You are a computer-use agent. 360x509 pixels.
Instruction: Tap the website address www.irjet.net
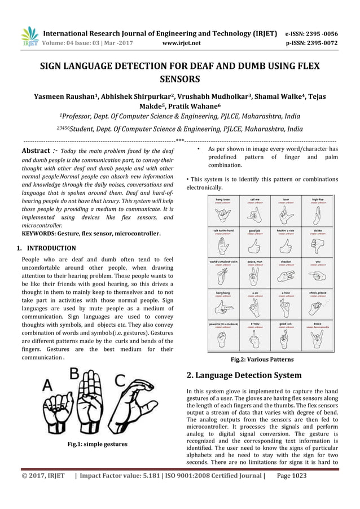[179, 41]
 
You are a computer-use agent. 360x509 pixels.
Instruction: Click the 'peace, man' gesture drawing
[256, 274]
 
